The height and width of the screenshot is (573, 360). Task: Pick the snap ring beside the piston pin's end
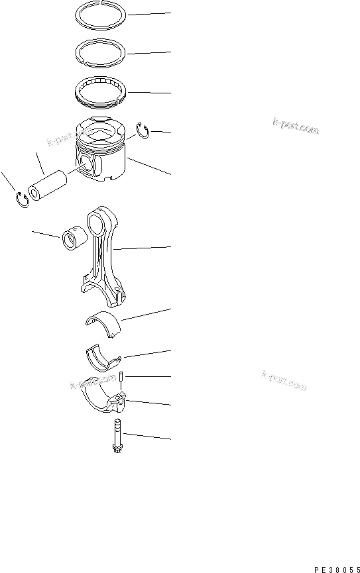[x=22, y=199]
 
